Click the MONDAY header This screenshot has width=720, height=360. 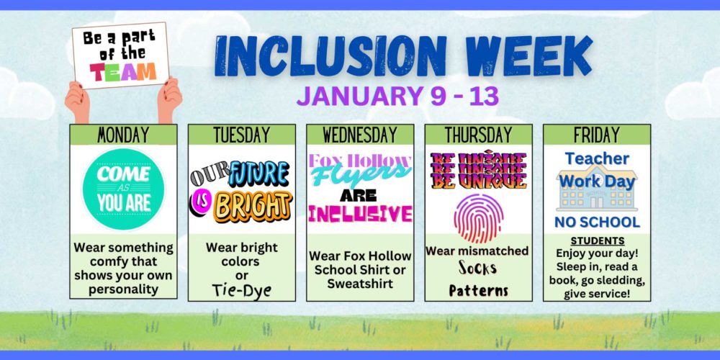[x=123, y=135]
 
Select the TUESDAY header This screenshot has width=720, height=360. [x=241, y=135]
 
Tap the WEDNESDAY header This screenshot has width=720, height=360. [x=360, y=135]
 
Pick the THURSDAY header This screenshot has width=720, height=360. [x=479, y=135]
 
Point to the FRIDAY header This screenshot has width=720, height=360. [x=597, y=135]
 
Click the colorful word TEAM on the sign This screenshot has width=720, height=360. [x=123, y=71]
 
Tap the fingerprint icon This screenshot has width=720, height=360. [x=479, y=218]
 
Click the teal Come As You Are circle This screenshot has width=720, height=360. [x=123, y=189]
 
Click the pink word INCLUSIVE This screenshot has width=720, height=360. [x=360, y=214]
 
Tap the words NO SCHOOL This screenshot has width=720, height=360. [x=597, y=222]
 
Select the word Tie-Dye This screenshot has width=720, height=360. [x=241, y=290]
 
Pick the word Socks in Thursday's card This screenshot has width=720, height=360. [x=478, y=268]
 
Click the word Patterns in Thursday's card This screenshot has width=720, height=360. [x=479, y=290]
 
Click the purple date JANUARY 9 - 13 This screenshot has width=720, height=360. [x=397, y=97]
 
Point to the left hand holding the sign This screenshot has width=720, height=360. [x=77, y=102]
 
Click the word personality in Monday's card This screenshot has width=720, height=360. [x=123, y=289]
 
